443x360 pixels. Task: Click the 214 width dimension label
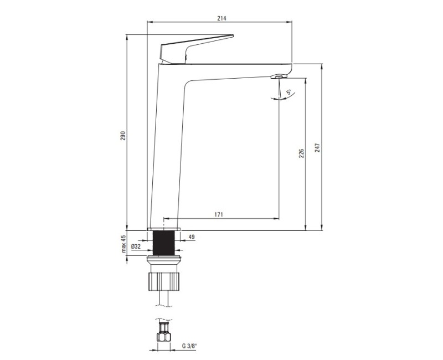click(221, 18)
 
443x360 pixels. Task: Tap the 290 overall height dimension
click(122, 136)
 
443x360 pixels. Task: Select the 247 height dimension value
click(317, 148)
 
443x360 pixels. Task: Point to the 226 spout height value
click(301, 153)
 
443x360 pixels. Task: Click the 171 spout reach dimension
click(219, 214)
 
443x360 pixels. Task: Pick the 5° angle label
click(289, 92)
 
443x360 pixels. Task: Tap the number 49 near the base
click(192, 237)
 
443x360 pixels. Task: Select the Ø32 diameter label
click(136, 246)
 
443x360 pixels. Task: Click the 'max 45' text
click(123, 244)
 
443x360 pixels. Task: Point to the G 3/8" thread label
click(189, 346)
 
